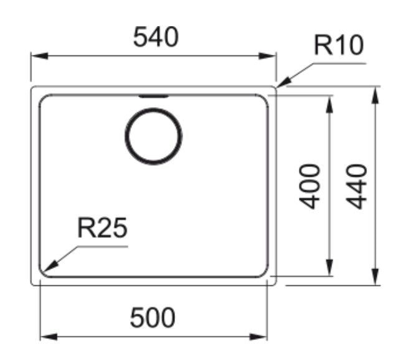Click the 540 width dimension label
156,37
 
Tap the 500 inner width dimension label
153,318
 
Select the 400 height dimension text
309,186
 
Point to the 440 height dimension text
356,186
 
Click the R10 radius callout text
338,45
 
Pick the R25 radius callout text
102,228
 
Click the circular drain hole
153,136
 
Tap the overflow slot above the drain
153,97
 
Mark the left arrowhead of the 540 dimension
39,56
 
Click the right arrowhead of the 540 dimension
267,56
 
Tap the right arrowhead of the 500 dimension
259,337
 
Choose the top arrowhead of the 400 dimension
330,105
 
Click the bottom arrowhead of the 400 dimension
330,267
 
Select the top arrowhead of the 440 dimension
375,95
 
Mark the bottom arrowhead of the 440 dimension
375,277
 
